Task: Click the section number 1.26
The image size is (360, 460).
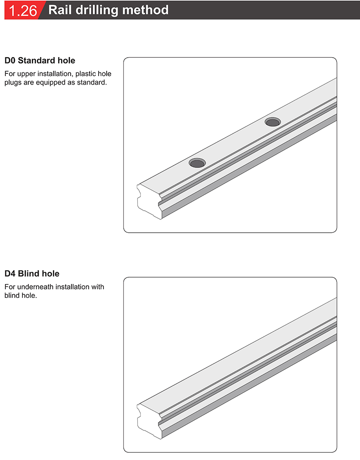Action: pos(22,10)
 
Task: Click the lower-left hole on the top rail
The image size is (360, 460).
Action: pos(197,163)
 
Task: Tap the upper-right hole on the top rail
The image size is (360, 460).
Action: pos(272,122)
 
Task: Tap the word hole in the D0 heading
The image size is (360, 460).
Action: pos(66,60)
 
